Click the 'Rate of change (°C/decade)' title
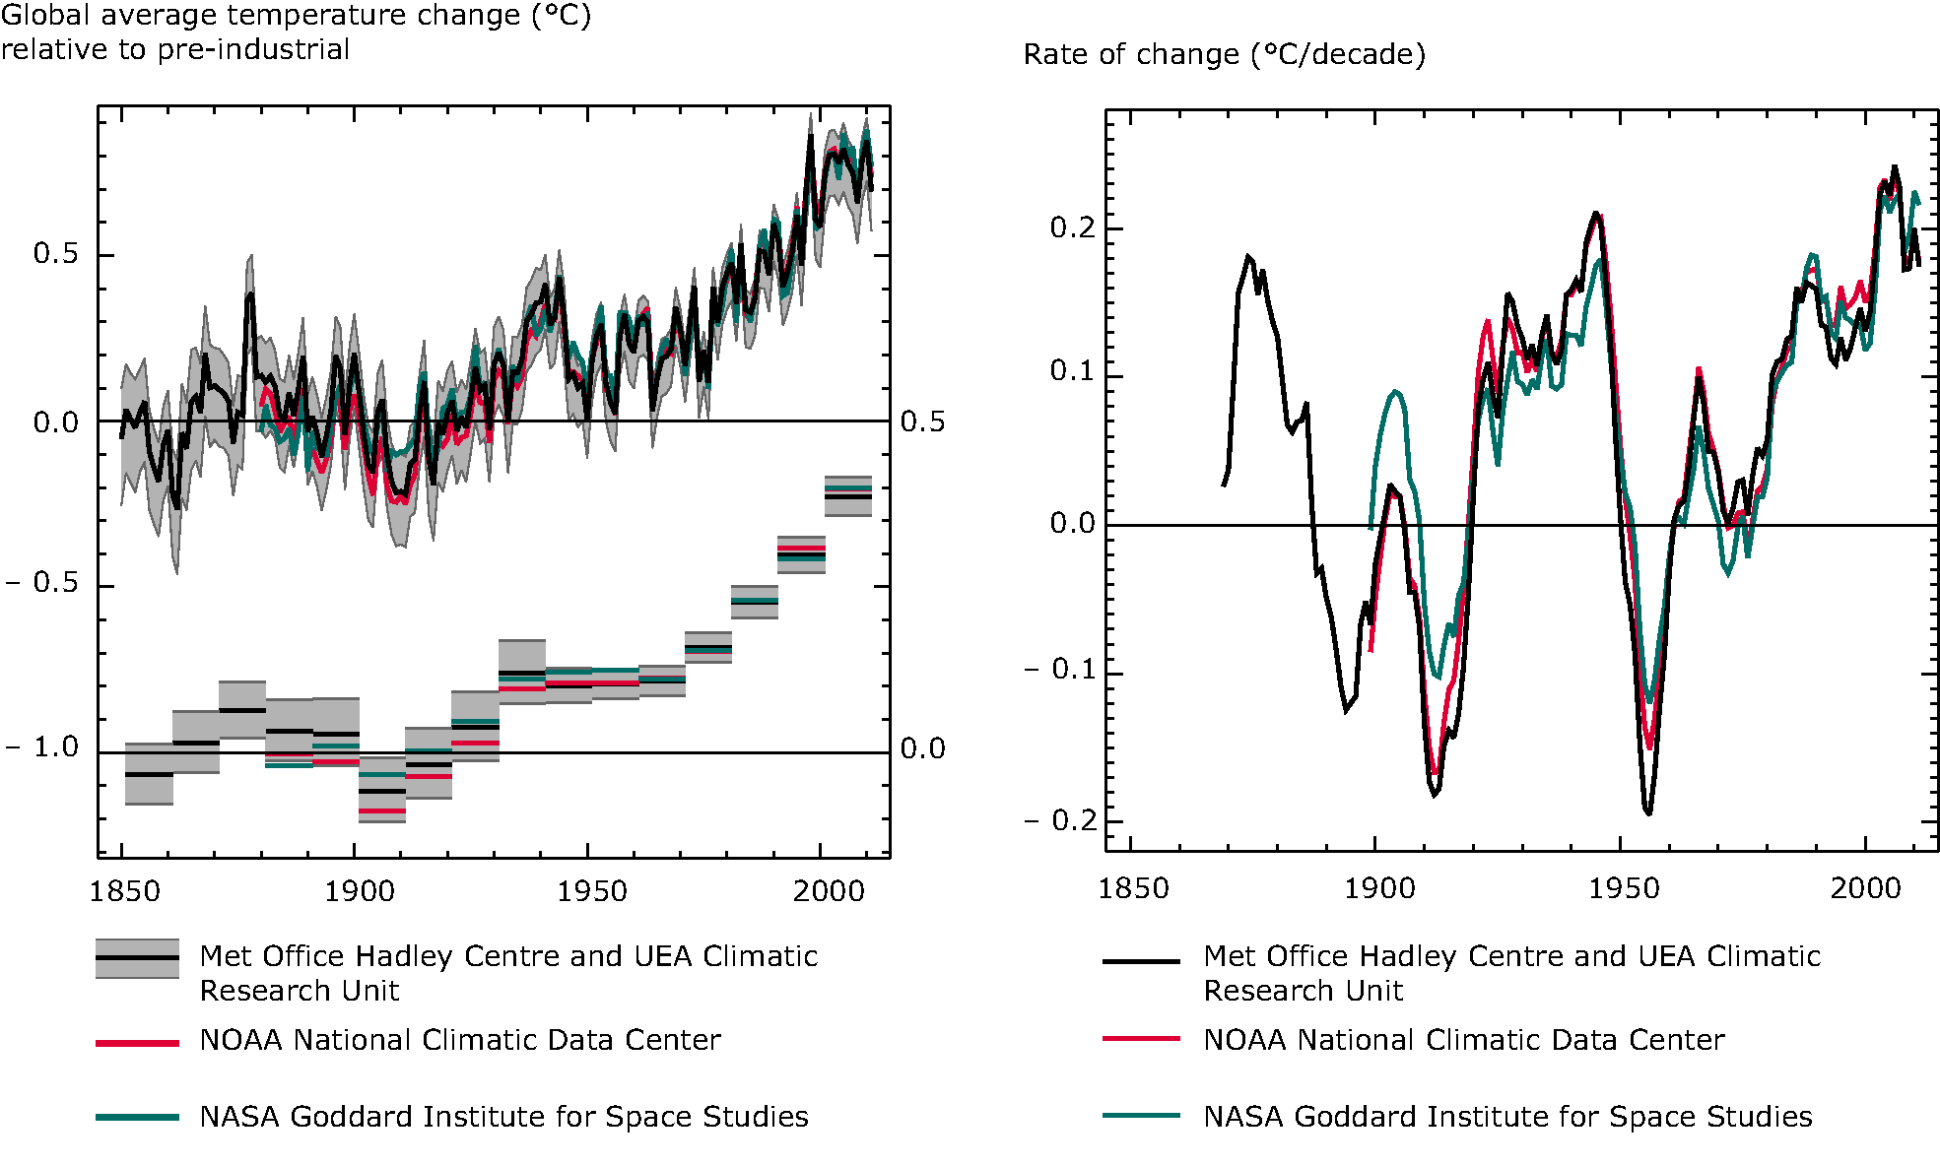point(1224,54)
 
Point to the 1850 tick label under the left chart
point(124,891)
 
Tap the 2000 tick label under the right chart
point(1865,888)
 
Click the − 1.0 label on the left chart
point(42,747)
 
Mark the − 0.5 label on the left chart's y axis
point(42,582)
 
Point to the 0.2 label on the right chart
point(1073,228)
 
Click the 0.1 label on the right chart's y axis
point(1073,371)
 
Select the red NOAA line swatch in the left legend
point(137,1042)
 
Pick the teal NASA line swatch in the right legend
point(1141,1116)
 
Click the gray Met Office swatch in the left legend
point(137,958)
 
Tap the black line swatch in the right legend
point(1141,960)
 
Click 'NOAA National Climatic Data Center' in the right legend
point(1463,1040)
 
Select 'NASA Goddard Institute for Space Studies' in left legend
point(503,1117)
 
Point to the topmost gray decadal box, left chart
point(847,496)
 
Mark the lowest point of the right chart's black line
point(1648,813)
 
